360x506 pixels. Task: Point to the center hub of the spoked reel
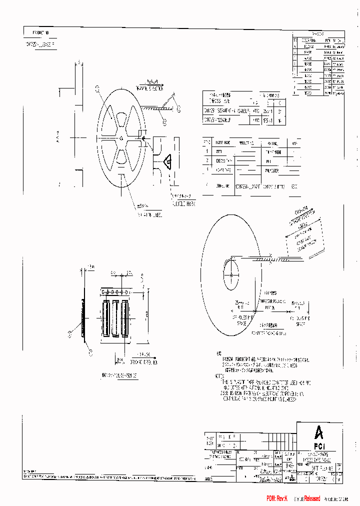(121, 138)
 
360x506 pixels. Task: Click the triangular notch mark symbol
(168, 161)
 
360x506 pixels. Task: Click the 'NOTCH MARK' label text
(184, 204)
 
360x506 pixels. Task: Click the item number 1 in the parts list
(207, 151)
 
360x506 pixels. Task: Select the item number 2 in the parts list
(207, 160)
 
